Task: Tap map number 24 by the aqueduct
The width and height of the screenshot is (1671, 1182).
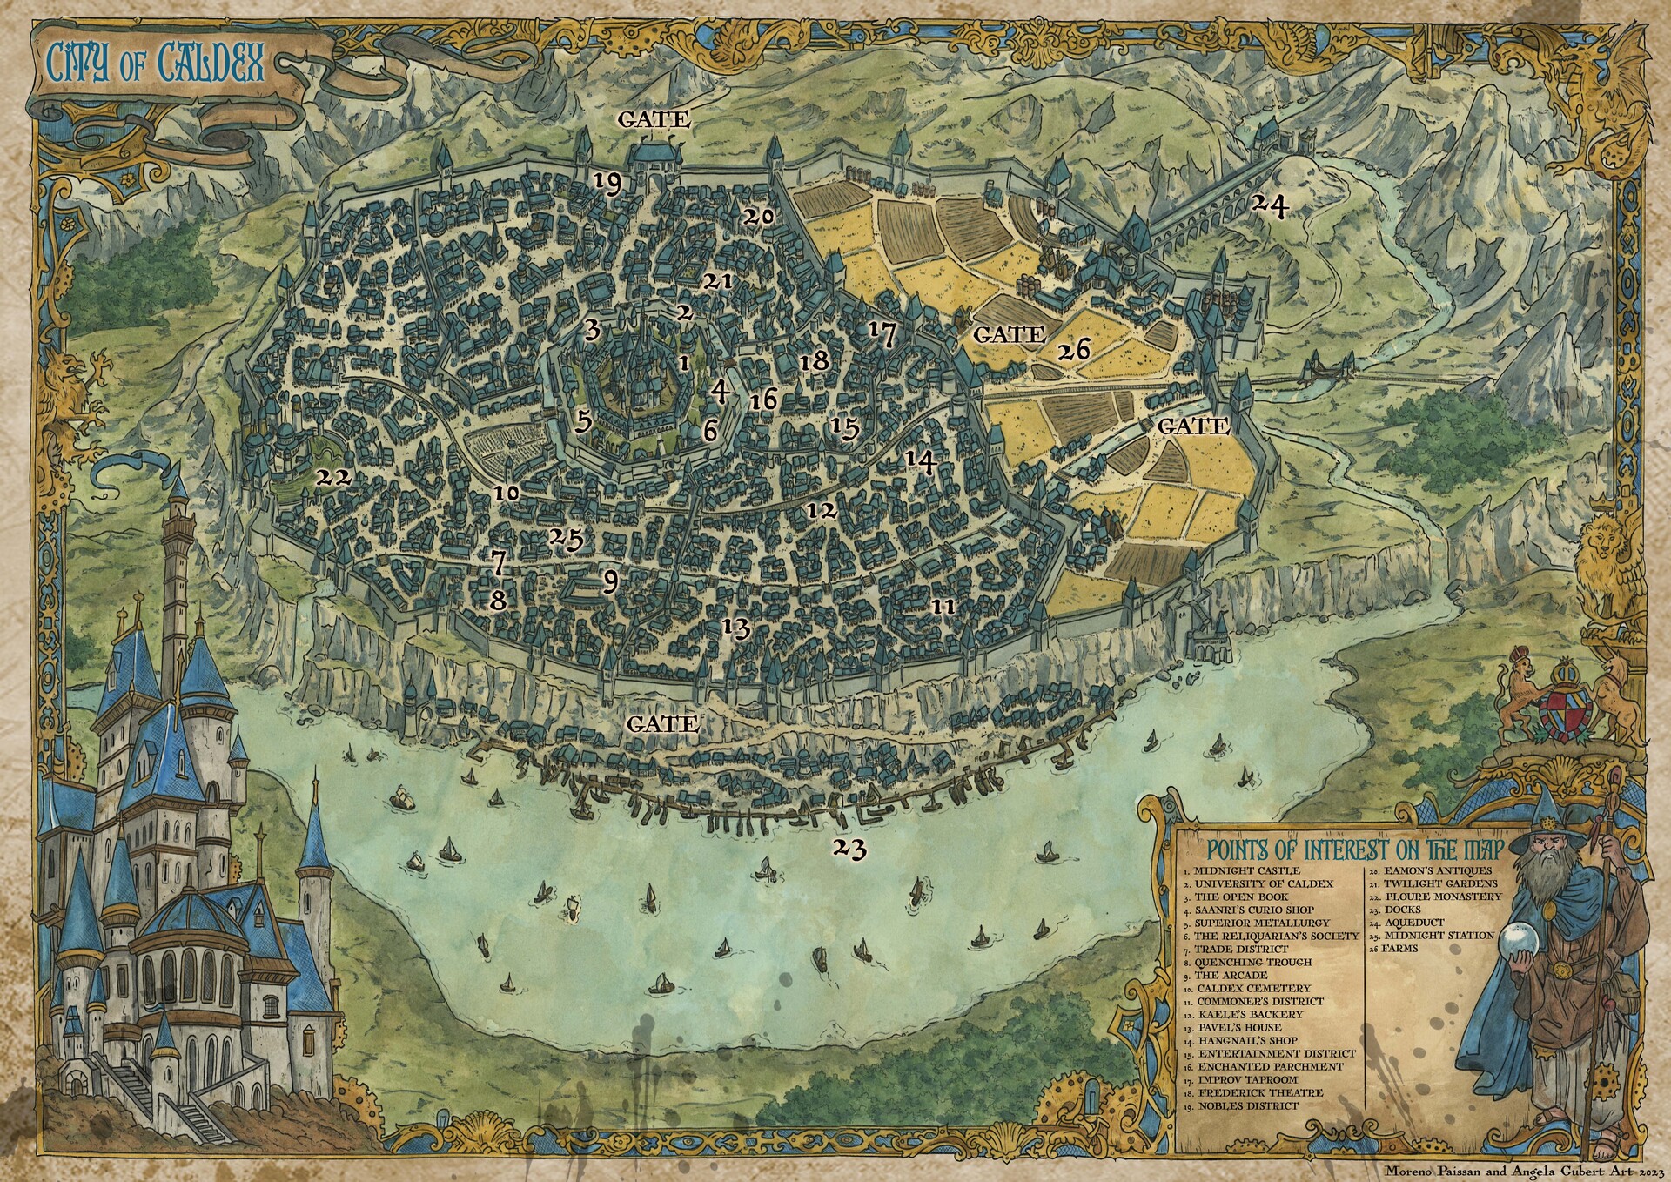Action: tap(1268, 206)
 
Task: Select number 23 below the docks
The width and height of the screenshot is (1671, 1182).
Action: tap(849, 848)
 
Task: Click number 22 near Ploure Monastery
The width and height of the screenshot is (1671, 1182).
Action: tap(333, 478)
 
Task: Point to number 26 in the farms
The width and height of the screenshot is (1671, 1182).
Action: tap(1073, 350)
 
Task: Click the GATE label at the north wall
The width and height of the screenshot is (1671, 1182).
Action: tap(654, 119)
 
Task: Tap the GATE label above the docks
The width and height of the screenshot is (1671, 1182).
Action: tap(662, 723)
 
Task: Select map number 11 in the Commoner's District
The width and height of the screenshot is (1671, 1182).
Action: tap(943, 606)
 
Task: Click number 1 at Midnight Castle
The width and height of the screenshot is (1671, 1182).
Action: tap(684, 361)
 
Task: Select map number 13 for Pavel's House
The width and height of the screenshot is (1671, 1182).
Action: tap(736, 627)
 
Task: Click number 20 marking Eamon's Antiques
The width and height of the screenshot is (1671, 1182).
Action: tap(757, 217)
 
